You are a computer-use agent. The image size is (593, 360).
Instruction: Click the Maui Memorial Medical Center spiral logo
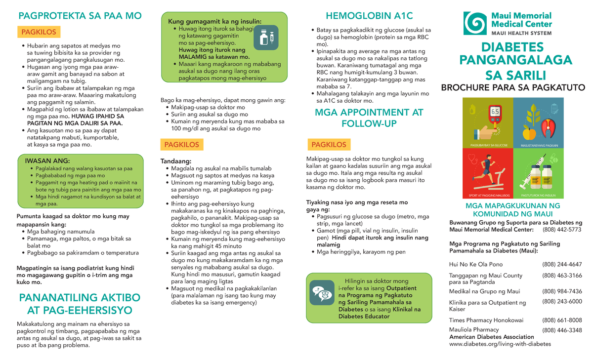tap(475, 24)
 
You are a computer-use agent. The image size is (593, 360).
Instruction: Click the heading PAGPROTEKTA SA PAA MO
tap(80, 16)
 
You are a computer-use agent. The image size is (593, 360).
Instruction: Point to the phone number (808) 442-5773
tap(562, 230)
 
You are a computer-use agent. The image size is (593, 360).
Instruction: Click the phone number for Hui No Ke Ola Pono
tap(562, 264)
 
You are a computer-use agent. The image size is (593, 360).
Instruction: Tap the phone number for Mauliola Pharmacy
tap(562, 330)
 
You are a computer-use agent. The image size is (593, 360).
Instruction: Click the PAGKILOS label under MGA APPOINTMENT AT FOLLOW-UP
tap(329, 145)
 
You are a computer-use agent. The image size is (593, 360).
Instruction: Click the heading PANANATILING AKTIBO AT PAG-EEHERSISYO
tap(79, 304)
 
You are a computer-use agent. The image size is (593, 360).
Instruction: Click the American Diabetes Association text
tap(488, 337)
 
